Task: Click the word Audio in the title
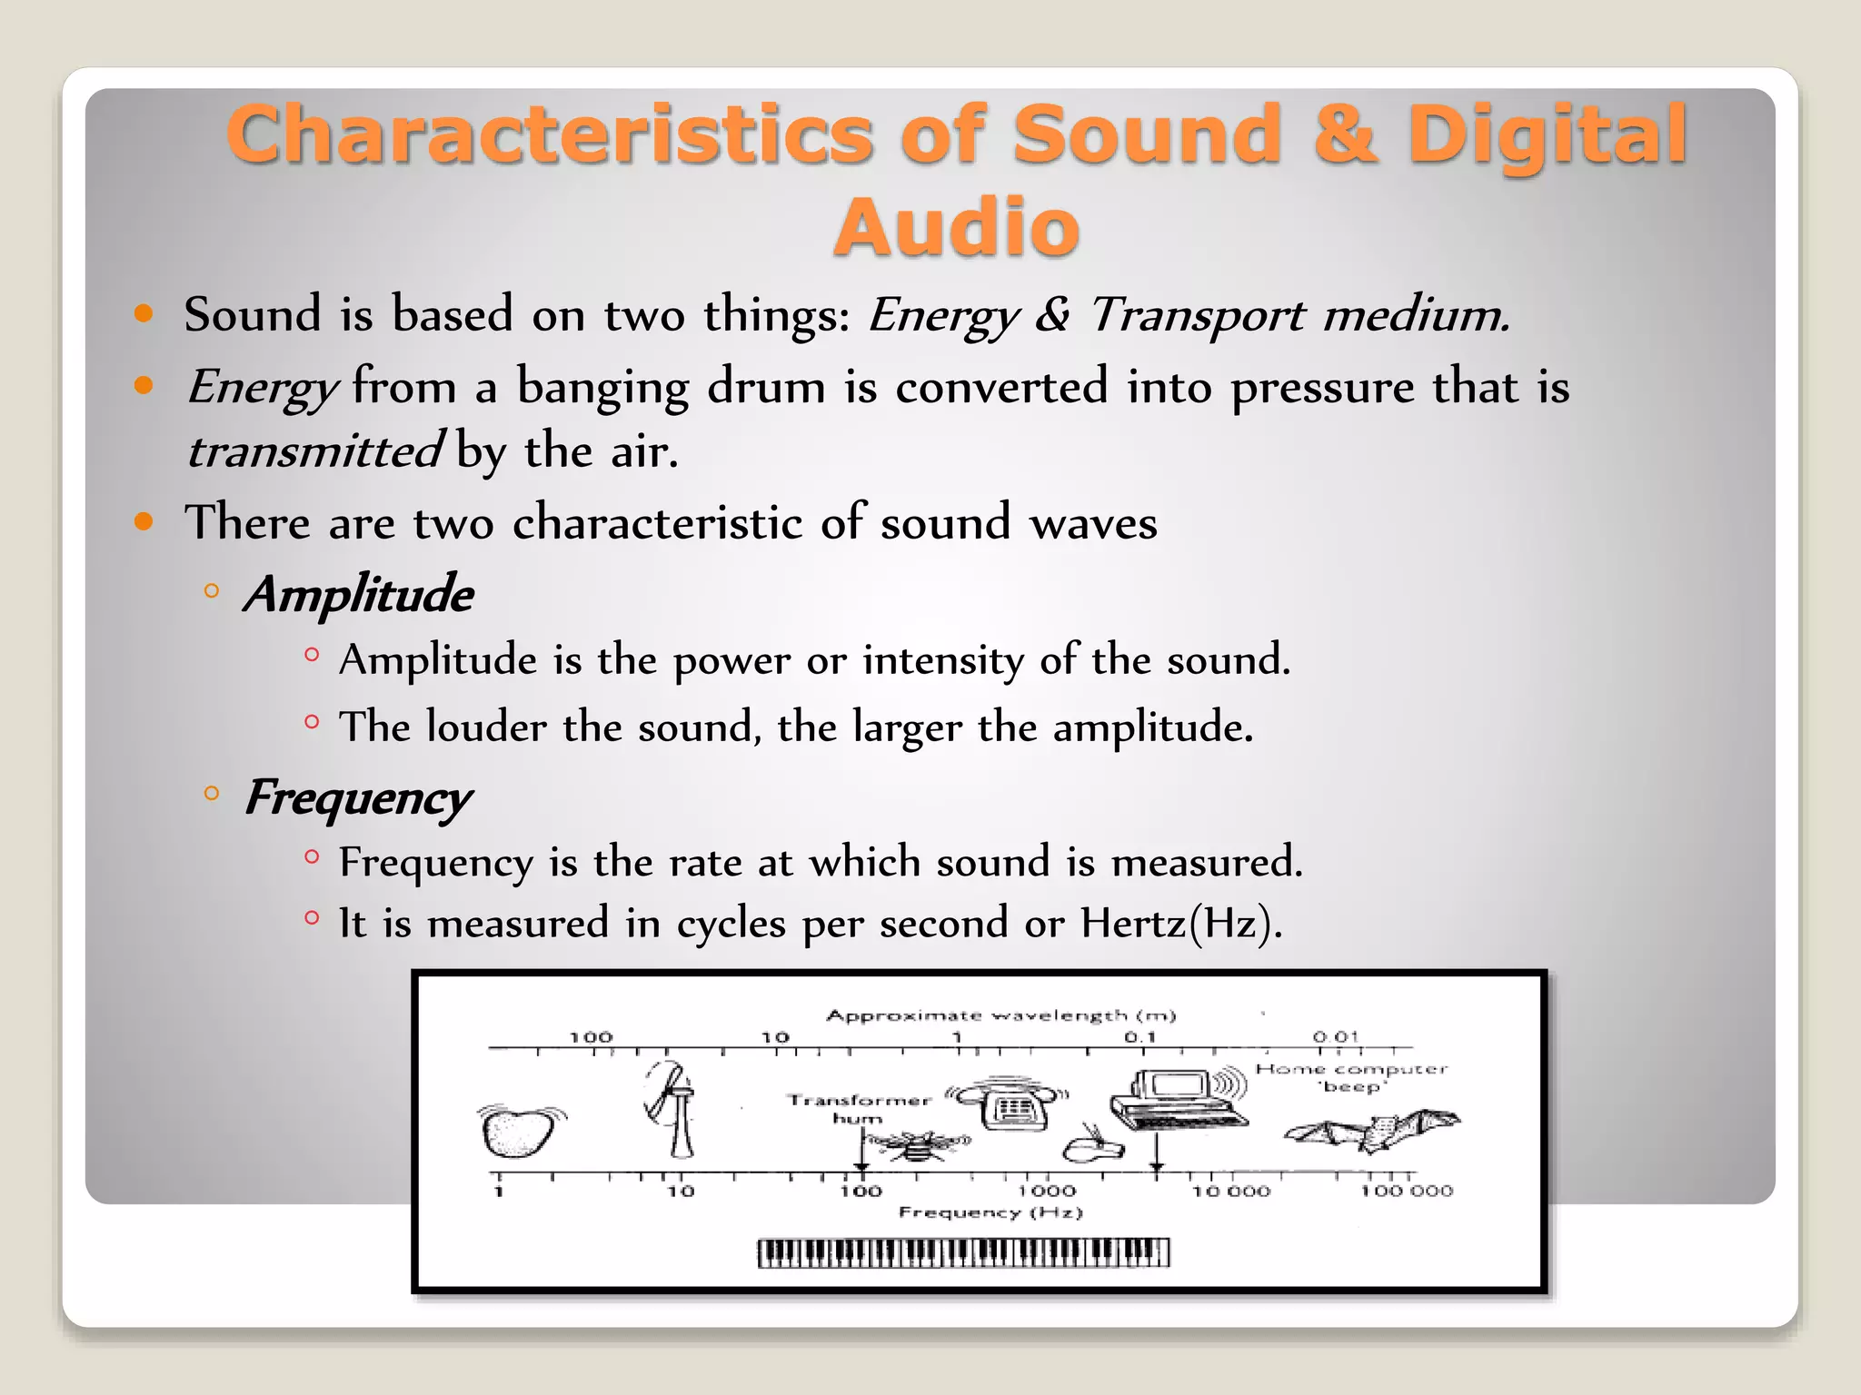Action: (956, 227)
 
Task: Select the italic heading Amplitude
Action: (359, 595)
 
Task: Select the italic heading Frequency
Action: (358, 798)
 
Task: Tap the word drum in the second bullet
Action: (766, 387)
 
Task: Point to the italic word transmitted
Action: (314, 450)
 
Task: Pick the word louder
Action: (486, 727)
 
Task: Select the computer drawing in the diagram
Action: (1178, 1099)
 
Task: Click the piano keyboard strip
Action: (963, 1253)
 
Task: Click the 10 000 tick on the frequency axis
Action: (1230, 1191)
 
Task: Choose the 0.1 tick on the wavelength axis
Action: (1139, 1037)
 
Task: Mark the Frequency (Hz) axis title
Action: (990, 1213)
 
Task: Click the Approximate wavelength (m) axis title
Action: (1000, 1015)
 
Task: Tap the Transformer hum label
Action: (859, 1109)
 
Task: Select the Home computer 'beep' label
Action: (1351, 1077)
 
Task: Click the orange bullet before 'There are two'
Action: (144, 521)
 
